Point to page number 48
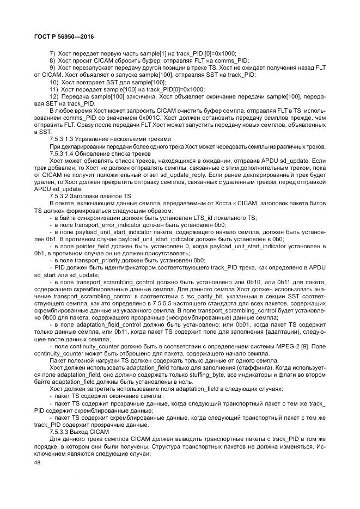[x=37, y=462]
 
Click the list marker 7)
[x=53, y=53]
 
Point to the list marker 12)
[x=54, y=95]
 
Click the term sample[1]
[x=149, y=53]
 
